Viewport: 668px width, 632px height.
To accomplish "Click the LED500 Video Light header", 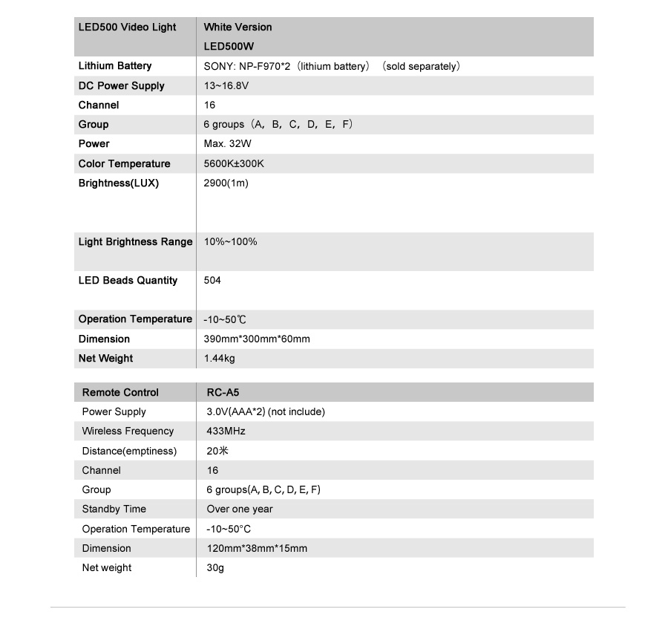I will point(127,27).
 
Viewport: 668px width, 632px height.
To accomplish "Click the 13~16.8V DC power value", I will point(226,86).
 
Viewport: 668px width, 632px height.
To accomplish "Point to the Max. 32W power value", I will point(227,144).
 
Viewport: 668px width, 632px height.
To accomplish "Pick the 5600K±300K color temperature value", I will point(234,164).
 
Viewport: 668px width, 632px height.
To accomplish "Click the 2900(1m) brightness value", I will point(226,183).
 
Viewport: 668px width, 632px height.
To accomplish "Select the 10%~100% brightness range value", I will point(230,242).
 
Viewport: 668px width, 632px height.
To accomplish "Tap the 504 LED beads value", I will point(212,281).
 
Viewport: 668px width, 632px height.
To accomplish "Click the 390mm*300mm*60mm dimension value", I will point(257,339).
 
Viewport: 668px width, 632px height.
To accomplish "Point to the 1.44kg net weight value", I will point(219,359).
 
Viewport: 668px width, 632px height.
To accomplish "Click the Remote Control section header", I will point(120,393).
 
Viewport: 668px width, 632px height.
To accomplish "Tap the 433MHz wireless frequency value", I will point(226,431).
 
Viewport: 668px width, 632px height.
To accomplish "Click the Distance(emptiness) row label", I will point(129,452).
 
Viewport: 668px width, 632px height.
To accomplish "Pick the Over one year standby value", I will point(239,509).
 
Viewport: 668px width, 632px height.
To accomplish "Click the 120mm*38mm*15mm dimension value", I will point(256,549).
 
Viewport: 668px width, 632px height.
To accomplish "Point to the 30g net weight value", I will point(215,568).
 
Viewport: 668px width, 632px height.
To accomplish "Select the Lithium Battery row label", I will point(114,66).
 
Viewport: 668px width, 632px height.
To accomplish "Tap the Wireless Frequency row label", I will point(128,431).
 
